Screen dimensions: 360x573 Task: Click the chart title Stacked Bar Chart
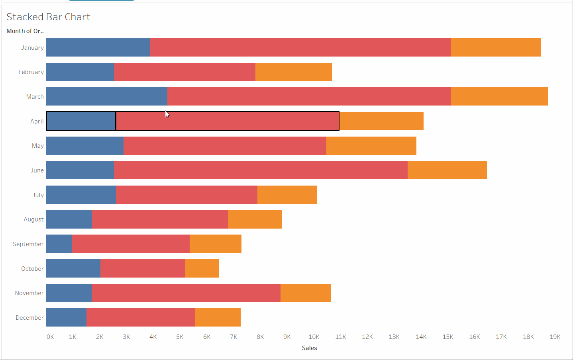click(48, 17)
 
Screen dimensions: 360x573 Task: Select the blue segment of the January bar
click(98, 47)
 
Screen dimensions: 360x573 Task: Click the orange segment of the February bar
click(294, 72)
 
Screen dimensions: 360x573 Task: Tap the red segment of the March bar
click(309, 96)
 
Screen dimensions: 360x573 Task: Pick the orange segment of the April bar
click(381, 121)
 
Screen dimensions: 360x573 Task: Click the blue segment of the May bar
click(85, 146)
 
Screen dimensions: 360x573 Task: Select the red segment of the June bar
click(261, 170)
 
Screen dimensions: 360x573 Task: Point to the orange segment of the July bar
click(287, 195)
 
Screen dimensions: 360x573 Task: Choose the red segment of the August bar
click(160, 219)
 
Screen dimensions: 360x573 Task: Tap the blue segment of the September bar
click(59, 244)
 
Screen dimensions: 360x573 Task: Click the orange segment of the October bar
click(202, 268)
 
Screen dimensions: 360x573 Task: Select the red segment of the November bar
click(186, 293)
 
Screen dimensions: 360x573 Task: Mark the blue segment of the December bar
click(67, 317)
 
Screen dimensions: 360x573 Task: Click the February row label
click(31, 72)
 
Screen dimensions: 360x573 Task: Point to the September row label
click(28, 244)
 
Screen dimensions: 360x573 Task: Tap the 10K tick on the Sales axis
click(314, 337)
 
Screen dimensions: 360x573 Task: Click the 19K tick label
click(555, 337)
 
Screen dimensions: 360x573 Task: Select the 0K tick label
click(50, 337)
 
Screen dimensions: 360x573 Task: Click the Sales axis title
click(310, 348)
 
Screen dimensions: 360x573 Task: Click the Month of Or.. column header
click(25, 31)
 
